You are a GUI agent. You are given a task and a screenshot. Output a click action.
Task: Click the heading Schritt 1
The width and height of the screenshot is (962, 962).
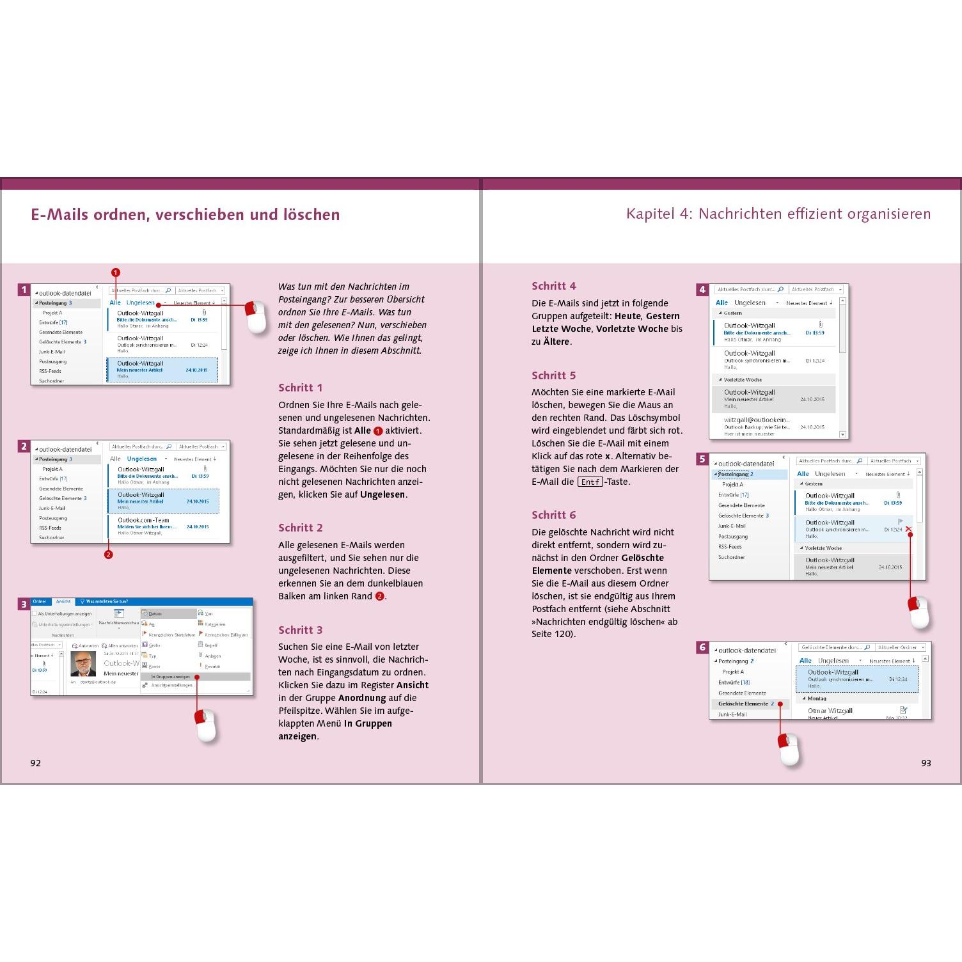pos(300,388)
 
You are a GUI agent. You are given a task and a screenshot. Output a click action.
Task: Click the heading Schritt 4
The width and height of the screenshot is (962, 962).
pos(553,286)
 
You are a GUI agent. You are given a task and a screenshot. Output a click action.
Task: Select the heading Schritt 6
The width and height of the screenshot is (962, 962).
pos(553,515)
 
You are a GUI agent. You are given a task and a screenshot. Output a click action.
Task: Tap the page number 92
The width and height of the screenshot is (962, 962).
pos(36,763)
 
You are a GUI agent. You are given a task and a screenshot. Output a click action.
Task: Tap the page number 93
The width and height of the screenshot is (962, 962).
pos(926,763)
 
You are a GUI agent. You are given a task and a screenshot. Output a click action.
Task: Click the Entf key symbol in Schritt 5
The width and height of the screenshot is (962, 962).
pos(590,482)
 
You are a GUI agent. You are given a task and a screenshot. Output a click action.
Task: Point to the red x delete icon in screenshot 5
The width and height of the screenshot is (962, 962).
pos(908,529)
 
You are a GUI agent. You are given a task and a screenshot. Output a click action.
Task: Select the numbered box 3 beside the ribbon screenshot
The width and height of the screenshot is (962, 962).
pos(24,604)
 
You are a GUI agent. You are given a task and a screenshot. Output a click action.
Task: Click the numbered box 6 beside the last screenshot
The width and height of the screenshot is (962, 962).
pos(702,647)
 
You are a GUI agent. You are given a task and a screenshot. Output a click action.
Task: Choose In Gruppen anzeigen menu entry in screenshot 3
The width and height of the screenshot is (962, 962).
pos(170,676)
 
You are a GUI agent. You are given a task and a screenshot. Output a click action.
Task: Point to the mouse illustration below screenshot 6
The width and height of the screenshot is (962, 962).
pos(788,749)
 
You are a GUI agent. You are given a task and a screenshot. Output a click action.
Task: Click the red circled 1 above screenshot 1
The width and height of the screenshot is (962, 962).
pos(116,272)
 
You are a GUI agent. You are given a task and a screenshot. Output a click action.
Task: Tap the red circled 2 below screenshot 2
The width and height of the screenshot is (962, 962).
pos(108,555)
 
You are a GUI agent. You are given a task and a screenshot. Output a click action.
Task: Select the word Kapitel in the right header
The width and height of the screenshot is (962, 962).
pos(650,214)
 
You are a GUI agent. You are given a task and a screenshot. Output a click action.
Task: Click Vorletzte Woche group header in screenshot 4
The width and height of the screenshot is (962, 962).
pos(743,379)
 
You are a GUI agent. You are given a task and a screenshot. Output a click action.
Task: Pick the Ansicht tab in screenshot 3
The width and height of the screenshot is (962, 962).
pos(63,602)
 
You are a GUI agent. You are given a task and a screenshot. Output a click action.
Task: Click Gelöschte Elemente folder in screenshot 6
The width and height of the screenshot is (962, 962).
pos(743,704)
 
